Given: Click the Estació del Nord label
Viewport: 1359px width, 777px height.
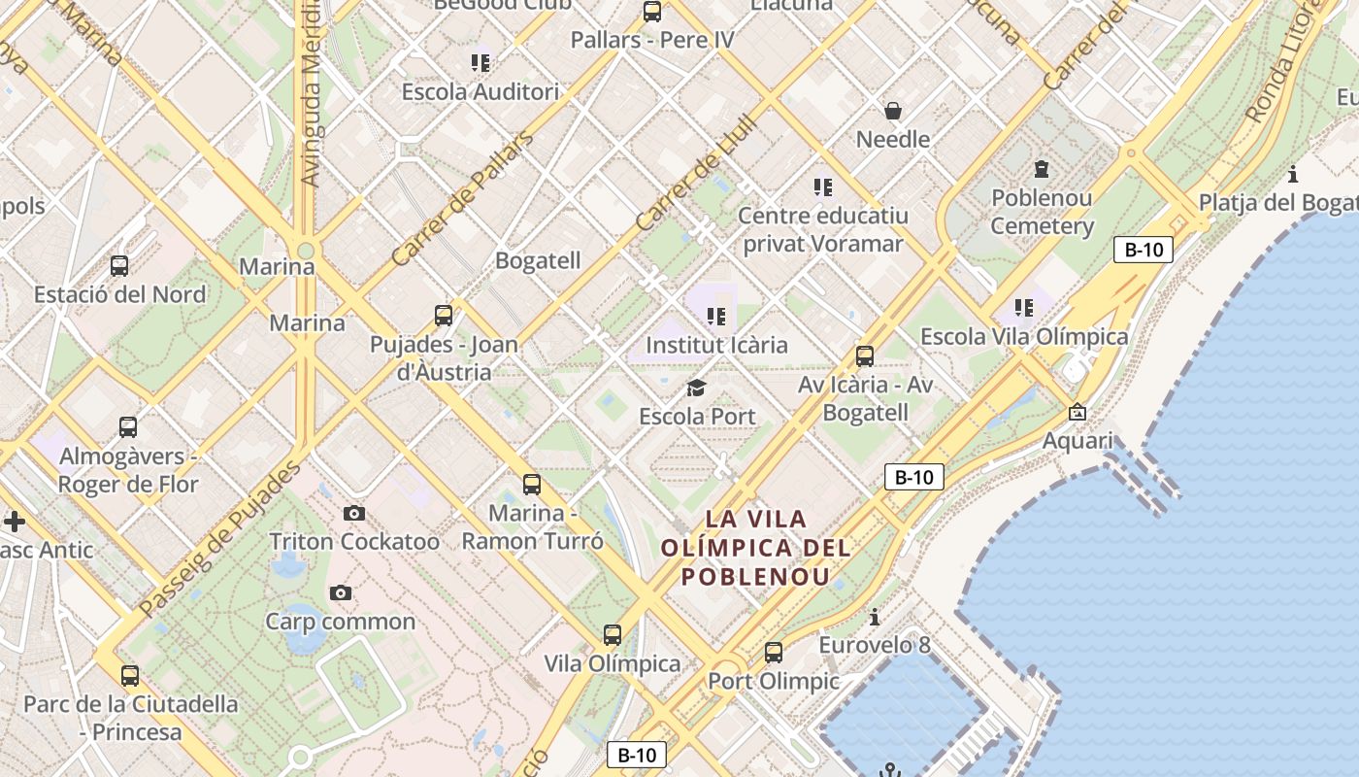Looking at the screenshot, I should coord(119,294).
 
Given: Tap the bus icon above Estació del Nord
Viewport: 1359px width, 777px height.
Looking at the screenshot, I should coord(119,265).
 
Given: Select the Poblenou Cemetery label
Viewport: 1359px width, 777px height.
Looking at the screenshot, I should coord(1042,212).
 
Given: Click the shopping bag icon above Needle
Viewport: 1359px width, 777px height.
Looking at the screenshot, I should coord(893,111).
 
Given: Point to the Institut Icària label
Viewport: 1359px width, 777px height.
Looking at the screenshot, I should coord(716,345).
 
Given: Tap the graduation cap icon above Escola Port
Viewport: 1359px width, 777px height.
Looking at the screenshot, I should coord(696,388).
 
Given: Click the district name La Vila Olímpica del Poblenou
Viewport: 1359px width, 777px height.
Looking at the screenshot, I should coord(755,548).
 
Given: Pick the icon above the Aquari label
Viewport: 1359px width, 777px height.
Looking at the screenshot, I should coord(1077,412).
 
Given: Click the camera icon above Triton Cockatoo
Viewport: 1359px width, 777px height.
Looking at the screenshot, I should coord(354,513).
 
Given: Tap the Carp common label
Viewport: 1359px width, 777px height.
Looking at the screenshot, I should coord(340,622).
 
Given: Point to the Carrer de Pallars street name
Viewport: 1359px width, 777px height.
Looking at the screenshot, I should coord(463,199).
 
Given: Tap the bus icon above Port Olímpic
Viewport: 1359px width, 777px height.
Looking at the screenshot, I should coord(774,652).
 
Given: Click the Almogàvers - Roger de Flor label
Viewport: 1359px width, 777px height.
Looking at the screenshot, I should coord(128,470).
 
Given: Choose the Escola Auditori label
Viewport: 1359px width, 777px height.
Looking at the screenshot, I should coord(481,92).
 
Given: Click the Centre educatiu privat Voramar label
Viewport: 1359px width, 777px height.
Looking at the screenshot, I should coord(823,229).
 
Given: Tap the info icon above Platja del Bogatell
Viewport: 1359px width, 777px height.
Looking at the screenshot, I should coord(1293,175).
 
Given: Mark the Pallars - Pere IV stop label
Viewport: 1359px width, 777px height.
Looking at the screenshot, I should coord(652,40).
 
